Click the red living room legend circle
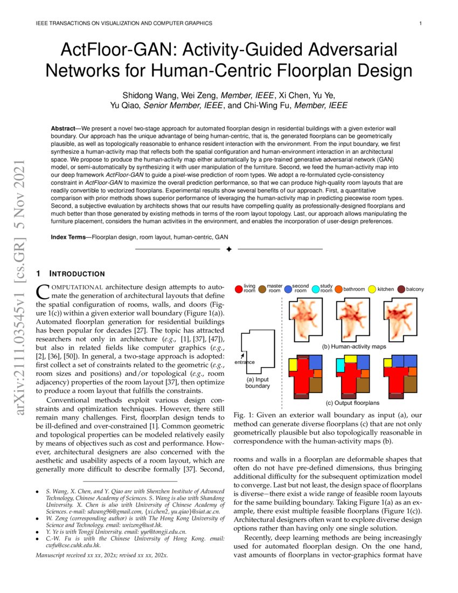coord(239,289)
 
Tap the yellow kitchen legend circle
coord(372,289)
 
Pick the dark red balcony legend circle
coord(401,289)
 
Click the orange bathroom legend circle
coord(338,289)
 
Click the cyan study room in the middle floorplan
coord(341,366)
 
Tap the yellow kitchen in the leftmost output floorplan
coord(293,364)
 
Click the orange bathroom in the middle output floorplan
coord(364,373)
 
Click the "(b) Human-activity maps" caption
coord(353,347)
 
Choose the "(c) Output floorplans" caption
coord(352,403)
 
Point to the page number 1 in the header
coord(420,23)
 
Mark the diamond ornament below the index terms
coord(228,249)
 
